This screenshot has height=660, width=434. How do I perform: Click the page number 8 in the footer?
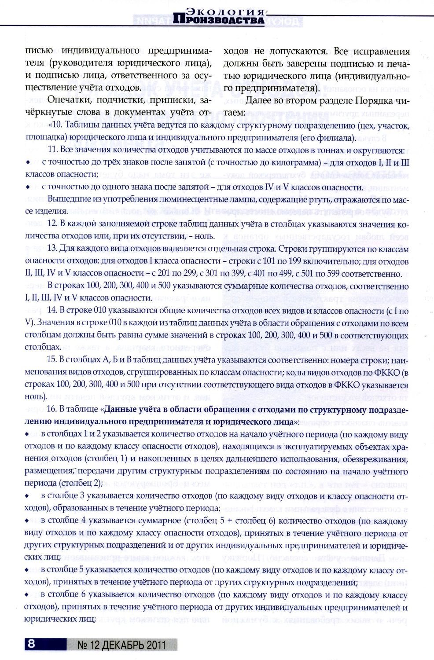pyautogui.click(x=31, y=644)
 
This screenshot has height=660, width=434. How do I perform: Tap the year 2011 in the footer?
pyautogui.click(x=156, y=645)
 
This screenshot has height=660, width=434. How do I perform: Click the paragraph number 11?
pyautogui.click(x=52, y=150)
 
